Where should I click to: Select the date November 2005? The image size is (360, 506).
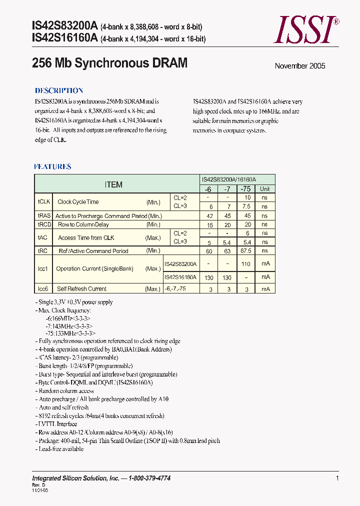click(300, 66)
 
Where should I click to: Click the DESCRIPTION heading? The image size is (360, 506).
click(59, 90)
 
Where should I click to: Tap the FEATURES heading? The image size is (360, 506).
click(52, 166)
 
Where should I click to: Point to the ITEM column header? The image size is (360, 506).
click(113, 184)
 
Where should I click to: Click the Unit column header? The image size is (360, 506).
click(264, 189)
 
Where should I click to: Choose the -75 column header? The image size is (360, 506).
click(245, 189)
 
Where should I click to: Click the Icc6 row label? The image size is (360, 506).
click(42, 288)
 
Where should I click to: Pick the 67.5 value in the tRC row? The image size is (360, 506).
click(246, 251)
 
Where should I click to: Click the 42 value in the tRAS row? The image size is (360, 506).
click(210, 216)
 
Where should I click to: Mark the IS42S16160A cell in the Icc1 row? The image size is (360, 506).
click(180, 276)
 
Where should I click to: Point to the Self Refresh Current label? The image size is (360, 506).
click(81, 288)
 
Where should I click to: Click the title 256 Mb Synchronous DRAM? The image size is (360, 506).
click(109, 63)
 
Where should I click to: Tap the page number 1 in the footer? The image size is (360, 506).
click(337, 478)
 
